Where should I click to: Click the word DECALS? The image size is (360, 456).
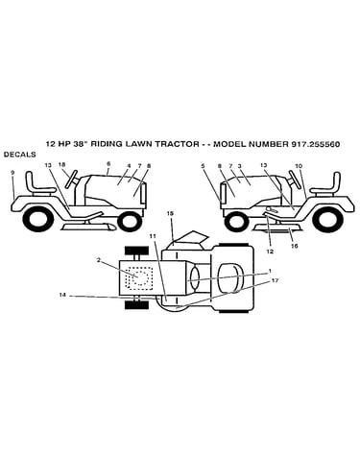[x=19, y=155]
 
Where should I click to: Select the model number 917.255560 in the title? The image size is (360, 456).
[x=316, y=144]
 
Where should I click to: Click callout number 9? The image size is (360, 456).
[x=12, y=173]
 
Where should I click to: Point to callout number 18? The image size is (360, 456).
[x=62, y=164]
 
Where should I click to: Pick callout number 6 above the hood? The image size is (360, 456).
[x=108, y=163]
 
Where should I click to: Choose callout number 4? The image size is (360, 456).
[x=129, y=166]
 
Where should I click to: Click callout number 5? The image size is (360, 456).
[x=203, y=166]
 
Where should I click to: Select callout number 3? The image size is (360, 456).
[x=239, y=166]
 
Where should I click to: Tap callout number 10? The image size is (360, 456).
[x=299, y=166]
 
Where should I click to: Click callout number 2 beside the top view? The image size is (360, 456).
[x=99, y=260]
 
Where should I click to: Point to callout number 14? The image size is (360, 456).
[x=62, y=295]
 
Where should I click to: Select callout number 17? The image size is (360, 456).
[x=275, y=280]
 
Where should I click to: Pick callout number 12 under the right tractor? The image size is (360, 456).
[x=270, y=252]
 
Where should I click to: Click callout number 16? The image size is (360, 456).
[x=295, y=246]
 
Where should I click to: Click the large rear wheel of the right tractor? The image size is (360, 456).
[x=325, y=221]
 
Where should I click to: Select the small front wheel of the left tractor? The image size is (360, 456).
[x=130, y=221]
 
